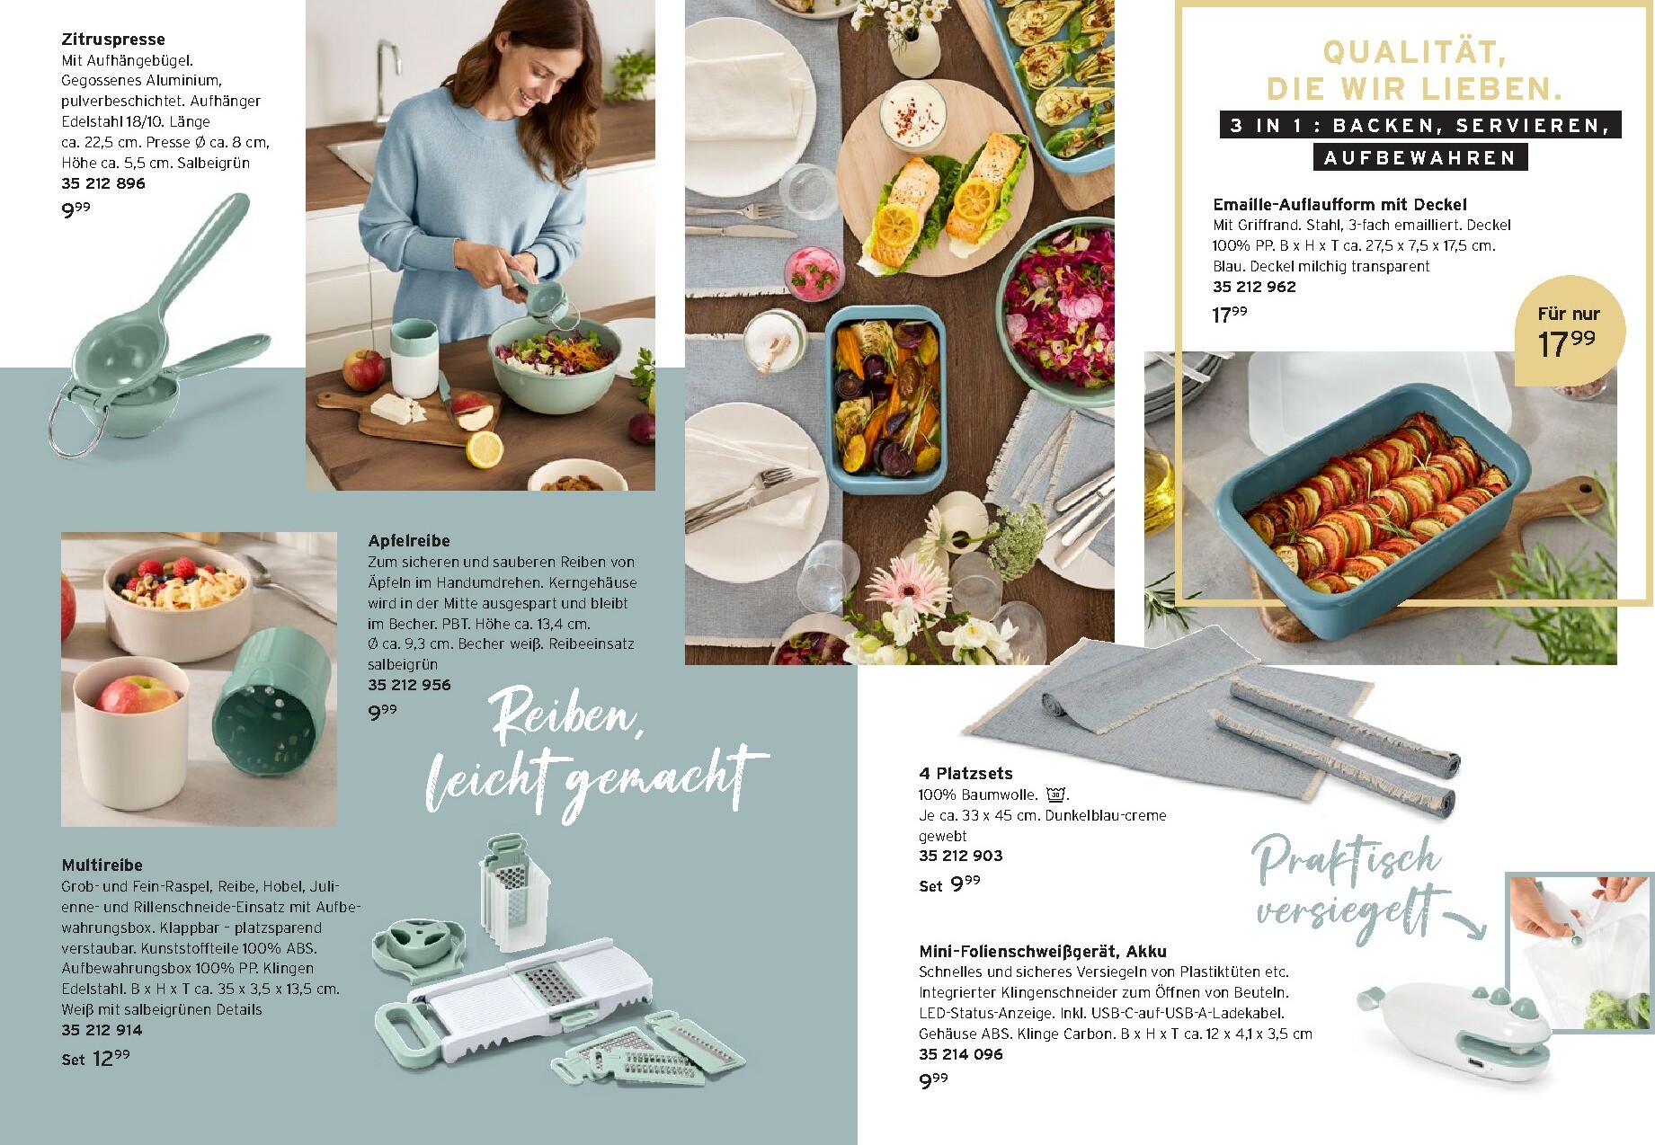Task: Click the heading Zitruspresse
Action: coord(113,40)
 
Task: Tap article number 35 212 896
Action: coord(103,183)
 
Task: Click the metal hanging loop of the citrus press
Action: coord(74,423)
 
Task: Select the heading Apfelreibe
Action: coord(409,541)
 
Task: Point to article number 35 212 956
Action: coord(409,685)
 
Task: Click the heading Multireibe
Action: coord(102,865)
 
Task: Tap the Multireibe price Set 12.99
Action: coord(96,1059)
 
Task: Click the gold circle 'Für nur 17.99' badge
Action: coord(1569,331)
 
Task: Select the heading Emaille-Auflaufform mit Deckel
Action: coord(1339,205)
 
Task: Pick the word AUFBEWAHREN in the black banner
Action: coord(1420,158)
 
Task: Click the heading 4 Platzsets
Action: coord(965,773)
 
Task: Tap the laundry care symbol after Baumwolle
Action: coord(1055,794)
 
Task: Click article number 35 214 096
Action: coord(960,1054)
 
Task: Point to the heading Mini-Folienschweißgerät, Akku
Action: coord(1043,952)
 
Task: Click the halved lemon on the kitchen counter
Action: coord(485,449)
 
